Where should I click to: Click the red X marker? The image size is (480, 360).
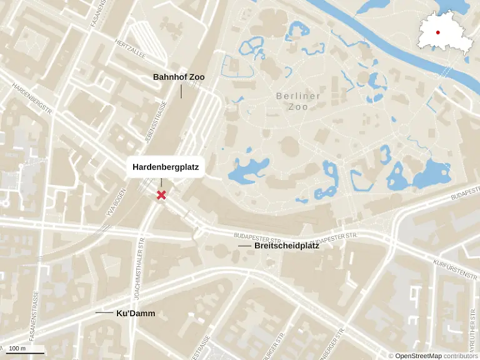click(x=161, y=195)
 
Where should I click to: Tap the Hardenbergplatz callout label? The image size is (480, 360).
click(x=166, y=167)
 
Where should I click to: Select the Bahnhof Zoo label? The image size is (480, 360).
click(x=179, y=77)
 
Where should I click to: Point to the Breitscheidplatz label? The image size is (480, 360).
click(x=287, y=246)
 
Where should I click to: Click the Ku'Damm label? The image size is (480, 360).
click(x=136, y=313)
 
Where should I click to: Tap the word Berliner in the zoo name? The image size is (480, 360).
click(x=298, y=96)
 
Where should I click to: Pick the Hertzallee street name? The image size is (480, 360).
click(x=130, y=45)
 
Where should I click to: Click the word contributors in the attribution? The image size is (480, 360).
click(x=461, y=356)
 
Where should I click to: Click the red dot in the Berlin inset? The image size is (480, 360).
click(x=438, y=32)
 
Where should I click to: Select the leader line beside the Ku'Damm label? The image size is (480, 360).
click(x=104, y=312)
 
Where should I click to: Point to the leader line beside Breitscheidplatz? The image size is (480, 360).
click(x=244, y=246)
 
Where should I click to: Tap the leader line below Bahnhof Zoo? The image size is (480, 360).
click(x=181, y=91)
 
